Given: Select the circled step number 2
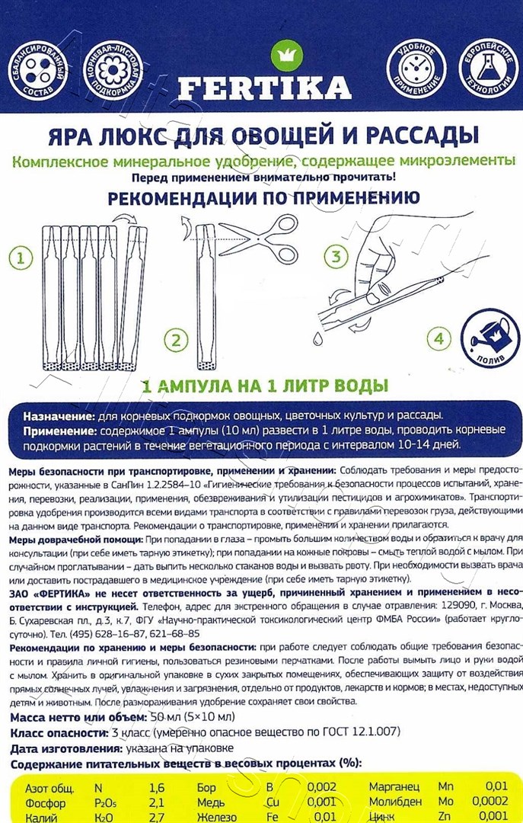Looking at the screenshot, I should [x=175, y=339].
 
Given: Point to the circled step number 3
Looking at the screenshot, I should [x=335, y=256].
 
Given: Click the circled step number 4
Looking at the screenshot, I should [x=438, y=338].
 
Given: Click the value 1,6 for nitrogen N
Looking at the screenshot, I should [x=156, y=787].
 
